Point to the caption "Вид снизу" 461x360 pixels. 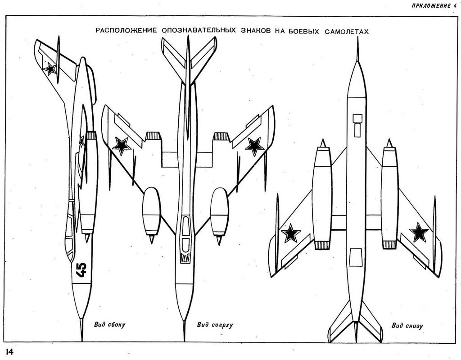[x=407, y=325]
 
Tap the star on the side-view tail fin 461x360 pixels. [x=50, y=68]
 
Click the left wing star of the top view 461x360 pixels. [x=121, y=145]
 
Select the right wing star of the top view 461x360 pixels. [x=254, y=146]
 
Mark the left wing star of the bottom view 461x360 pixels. [x=291, y=233]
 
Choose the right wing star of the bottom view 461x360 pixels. [x=419, y=232]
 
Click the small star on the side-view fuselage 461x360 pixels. [x=81, y=141]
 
